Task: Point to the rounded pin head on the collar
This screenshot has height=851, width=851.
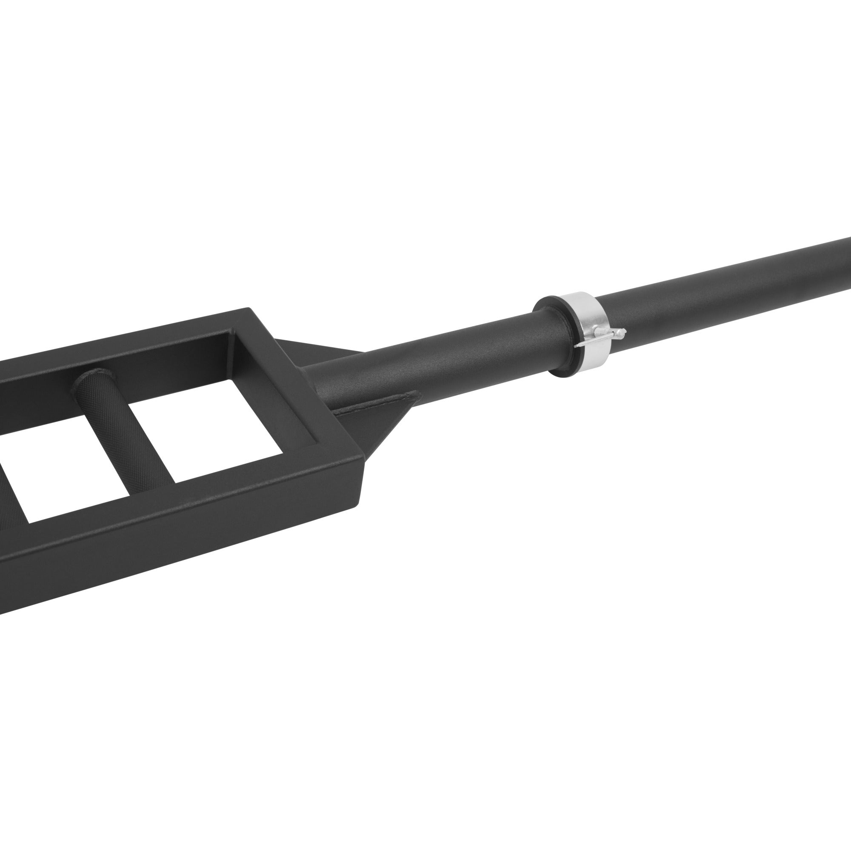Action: (621, 331)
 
